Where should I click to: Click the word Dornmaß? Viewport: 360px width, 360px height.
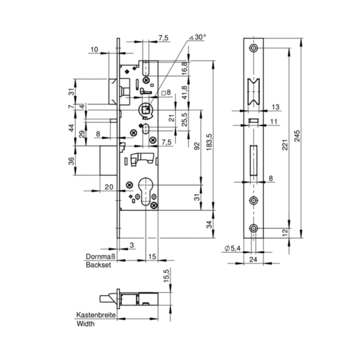coord(101,257)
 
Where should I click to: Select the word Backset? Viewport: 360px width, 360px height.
coord(98,265)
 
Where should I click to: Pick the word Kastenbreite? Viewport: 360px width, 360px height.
coord(96,315)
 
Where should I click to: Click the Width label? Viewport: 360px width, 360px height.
coord(85,324)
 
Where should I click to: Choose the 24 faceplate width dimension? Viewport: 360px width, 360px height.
coord(252,259)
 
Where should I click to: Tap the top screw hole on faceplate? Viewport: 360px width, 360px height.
coord(254,48)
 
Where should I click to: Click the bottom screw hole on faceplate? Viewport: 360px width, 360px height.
coord(254,229)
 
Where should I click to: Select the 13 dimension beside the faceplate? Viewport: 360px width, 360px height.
coord(275,107)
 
